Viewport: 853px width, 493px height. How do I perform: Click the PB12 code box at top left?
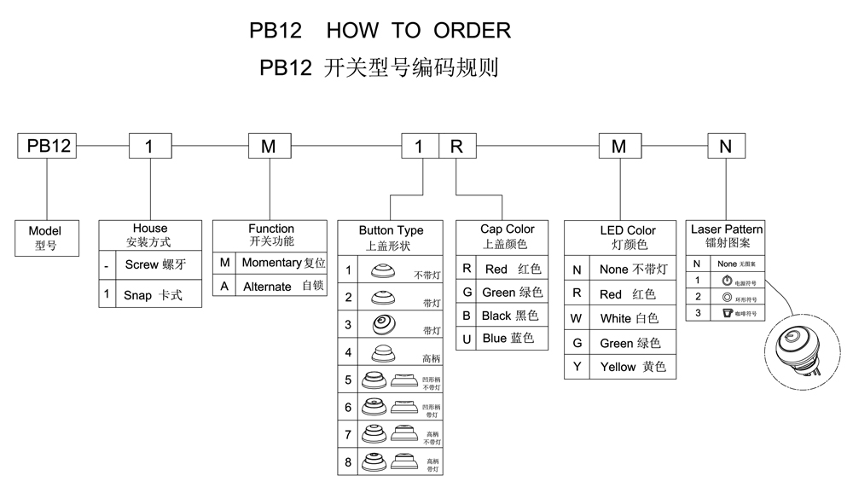[x=49, y=146]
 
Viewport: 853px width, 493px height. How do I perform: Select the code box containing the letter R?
[x=457, y=146]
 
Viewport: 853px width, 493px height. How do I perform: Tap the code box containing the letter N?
[x=725, y=146]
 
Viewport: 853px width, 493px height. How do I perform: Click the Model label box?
[x=45, y=238]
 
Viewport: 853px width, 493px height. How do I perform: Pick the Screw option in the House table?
[x=153, y=264]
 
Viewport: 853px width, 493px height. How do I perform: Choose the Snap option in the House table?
[x=153, y=295]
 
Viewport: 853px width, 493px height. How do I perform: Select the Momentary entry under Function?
[x=282, y=263]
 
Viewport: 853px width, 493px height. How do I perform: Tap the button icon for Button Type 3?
[x=381, y=324]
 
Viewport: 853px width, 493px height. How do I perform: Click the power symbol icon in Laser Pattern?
[x=727, y=281]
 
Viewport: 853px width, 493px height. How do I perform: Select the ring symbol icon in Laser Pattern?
[x=727, y=297]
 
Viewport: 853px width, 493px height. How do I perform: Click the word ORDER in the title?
[x=472, y=31]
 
